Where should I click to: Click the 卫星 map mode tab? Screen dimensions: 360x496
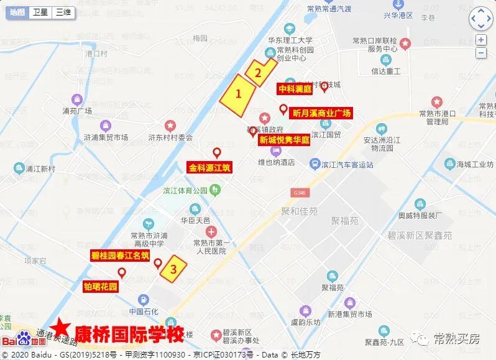40,12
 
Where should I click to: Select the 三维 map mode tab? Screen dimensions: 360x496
62,12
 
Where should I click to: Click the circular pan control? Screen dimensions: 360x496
480,20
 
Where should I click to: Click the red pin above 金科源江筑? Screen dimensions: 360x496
217,153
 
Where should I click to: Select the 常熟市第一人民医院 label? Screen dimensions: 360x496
211,247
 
